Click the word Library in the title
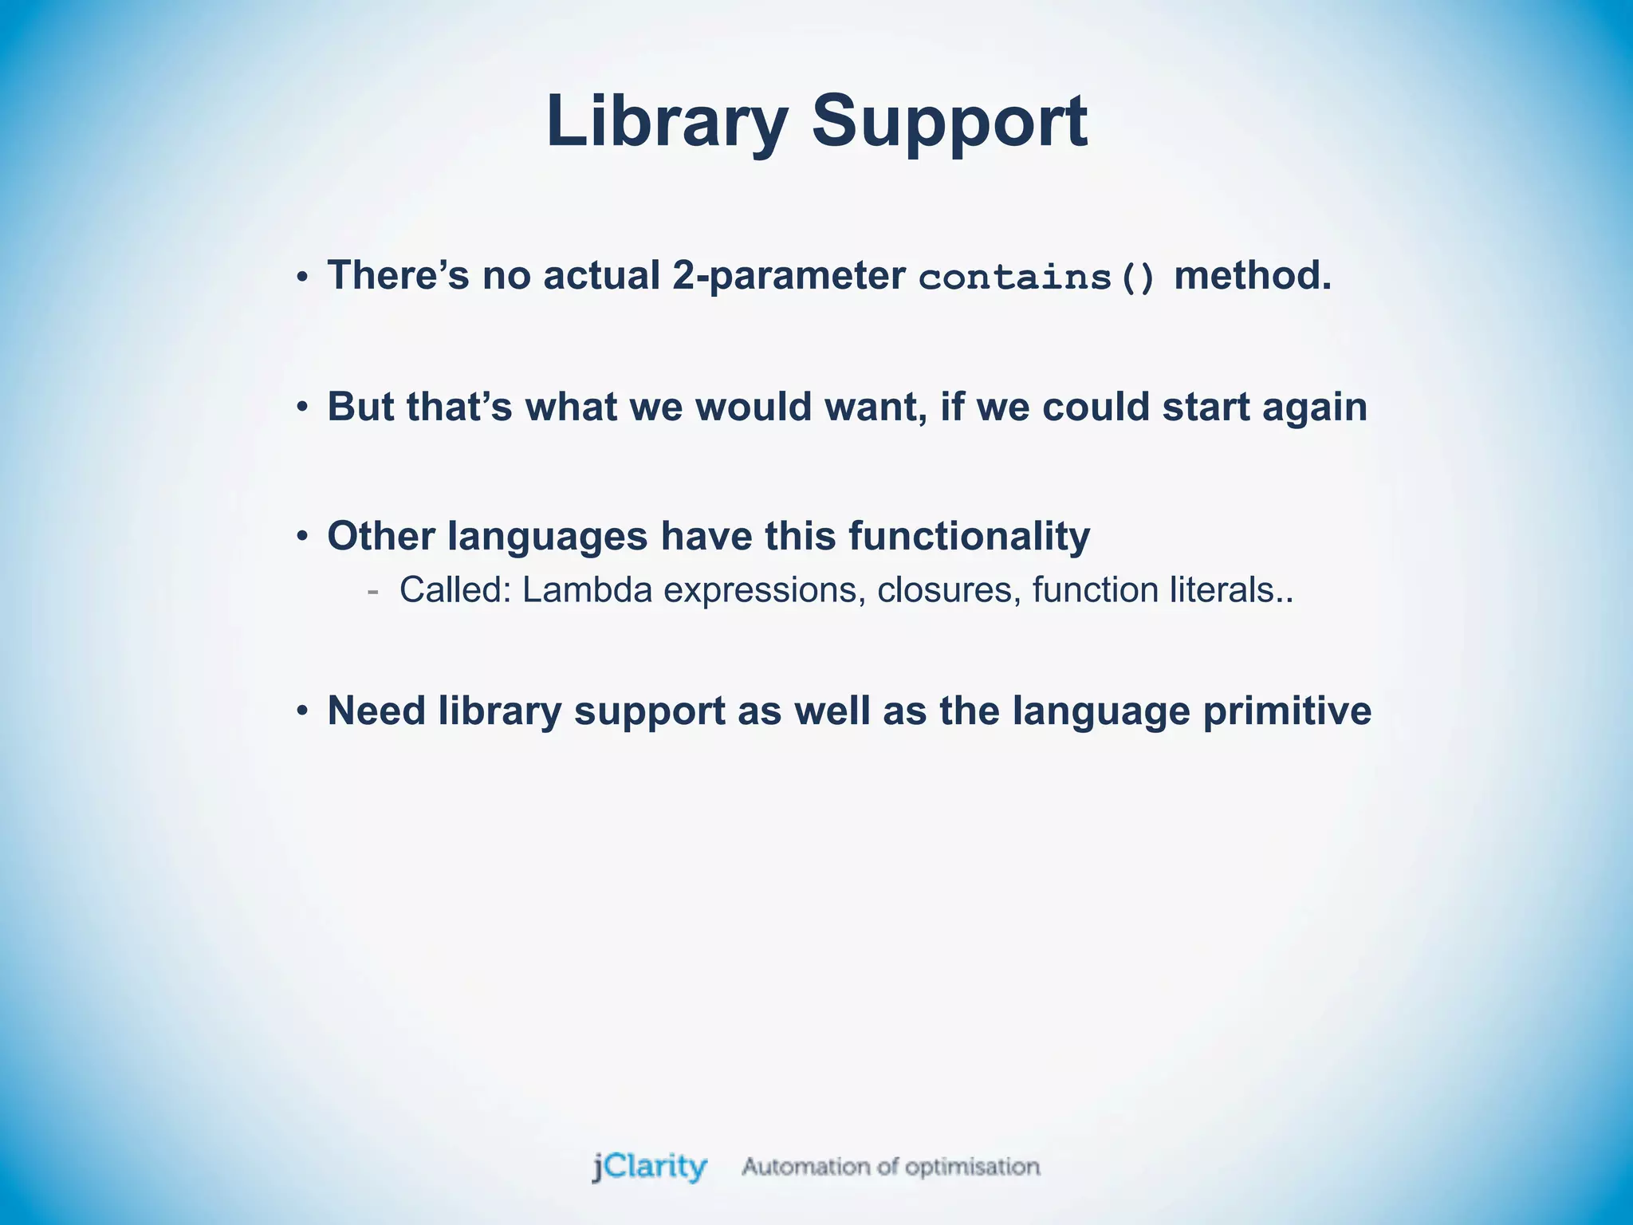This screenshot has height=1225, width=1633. (x=667, y=121)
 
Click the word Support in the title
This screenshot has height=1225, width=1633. (x=949, y=121)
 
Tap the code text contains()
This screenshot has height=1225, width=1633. (x=1037, y=278)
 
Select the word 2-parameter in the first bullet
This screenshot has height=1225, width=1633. (x=788, y=276)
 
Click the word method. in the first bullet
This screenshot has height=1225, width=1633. (x=1253, y=276)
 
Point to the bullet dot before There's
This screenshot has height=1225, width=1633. (x=301, y=278)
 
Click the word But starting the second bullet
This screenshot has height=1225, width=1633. (x=360, y=407)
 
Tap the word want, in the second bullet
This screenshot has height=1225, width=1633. (x=876, y=408)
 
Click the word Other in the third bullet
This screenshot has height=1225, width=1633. (x=380, y=536)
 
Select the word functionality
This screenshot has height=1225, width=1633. (x=969, y=536)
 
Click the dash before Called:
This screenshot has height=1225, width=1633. (x=372, y=592)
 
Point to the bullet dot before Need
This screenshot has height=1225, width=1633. (x=301, y=711)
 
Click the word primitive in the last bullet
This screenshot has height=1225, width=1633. (x=1287, y=711)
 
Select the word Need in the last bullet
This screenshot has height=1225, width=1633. (x=376, y=711)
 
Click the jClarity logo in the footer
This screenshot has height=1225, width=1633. (x=650, y=1167)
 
